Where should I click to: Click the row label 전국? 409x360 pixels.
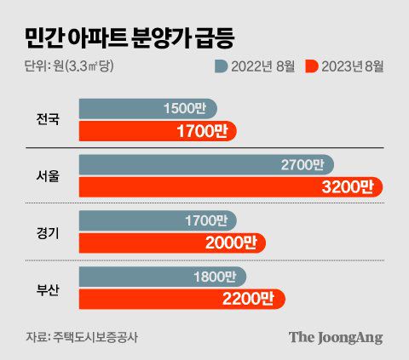point(49,119)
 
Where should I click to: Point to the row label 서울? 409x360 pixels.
point(49,176)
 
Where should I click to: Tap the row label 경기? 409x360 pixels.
point(49,231)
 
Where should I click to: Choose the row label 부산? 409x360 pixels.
point(49,288)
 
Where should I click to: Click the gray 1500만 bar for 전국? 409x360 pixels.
point(147,109)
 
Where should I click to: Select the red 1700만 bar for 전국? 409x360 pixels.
point(157,131)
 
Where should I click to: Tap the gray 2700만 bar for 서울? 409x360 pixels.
point(204,164)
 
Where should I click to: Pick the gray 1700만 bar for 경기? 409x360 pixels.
point(158,220)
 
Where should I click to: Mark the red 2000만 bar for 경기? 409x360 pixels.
point(172,243)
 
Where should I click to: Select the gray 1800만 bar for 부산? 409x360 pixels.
point(162,277)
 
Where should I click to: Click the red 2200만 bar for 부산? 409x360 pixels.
point(181,299)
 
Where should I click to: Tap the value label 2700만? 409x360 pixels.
point(302,164)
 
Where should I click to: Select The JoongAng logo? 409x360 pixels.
point(335,336)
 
